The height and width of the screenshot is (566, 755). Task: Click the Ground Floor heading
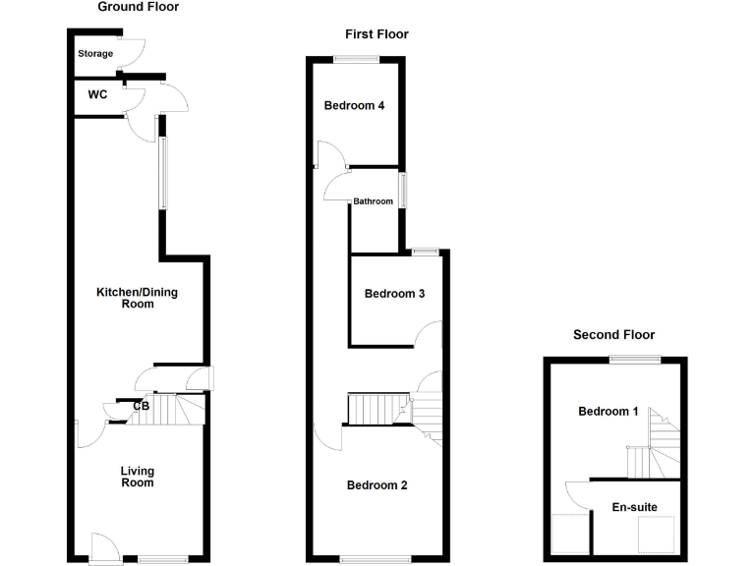point(139,7)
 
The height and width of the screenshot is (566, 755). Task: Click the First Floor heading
point(377,34)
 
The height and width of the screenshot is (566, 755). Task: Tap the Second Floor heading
point(613,335)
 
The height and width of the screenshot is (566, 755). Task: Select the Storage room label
point(95,54)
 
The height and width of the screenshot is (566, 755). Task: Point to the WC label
point(97,95)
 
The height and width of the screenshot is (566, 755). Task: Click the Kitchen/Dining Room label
point(137,298)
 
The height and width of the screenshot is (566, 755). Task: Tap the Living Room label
point(138,477)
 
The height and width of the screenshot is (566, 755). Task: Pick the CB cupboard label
point(141,406)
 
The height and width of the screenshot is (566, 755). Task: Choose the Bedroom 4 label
point(354,106)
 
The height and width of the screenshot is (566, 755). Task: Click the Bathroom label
point(374,201)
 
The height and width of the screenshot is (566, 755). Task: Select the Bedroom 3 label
point(394,294)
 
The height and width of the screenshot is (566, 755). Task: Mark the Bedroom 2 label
point(377,485)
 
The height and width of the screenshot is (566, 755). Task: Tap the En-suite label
point(634,507)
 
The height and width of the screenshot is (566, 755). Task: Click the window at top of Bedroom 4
point(356,60)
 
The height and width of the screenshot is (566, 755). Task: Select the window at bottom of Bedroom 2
point(375,560)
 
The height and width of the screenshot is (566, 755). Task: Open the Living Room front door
point(104,547)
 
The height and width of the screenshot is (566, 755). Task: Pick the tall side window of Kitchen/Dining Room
point(164,172)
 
